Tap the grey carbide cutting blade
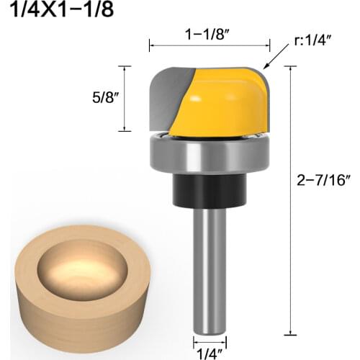click(168, 97)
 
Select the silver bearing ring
click(208, 153)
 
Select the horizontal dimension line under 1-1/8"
click(208, 46)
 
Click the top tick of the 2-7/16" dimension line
click(289, 66)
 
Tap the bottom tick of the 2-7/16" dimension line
click(289, 333)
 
